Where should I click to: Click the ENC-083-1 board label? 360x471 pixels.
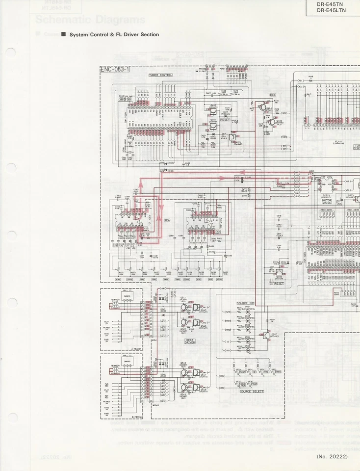click(115, 69)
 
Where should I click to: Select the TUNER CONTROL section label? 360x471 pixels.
click(161, 75)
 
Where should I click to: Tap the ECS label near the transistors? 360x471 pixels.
click(273, 95)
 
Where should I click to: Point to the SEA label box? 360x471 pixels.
click(166, 221)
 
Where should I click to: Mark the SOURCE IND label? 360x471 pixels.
click(245, 303)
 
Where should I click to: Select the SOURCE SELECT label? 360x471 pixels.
click(252, 392)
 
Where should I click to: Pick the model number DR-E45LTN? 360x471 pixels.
click(331, 10)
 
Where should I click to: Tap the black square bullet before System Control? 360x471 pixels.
click(63, 35)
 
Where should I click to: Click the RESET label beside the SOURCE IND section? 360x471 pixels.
click(279, 284)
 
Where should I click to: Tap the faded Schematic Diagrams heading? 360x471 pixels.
click(90, 20)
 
